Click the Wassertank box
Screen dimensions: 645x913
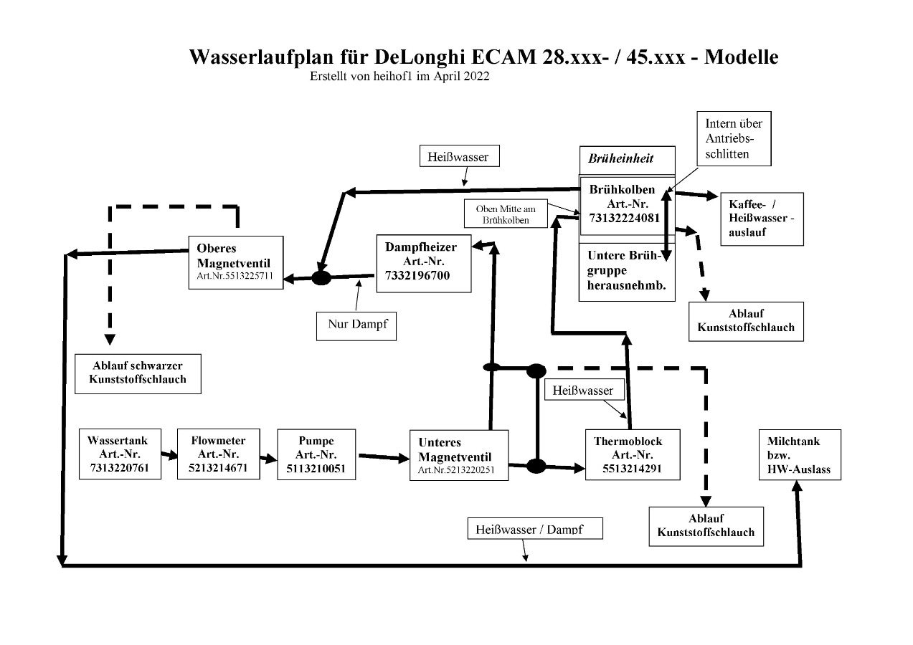point(120,454)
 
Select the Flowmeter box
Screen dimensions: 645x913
point(219,454)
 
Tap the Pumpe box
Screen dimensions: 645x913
point(316,454)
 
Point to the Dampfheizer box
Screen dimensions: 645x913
point(423,263)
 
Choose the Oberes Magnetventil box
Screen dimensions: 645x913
point(235,262)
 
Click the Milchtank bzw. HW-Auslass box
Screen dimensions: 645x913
point(799,454)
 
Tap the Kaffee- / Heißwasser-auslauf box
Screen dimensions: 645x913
point(752,219)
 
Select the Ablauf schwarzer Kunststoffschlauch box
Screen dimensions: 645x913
point(138,373)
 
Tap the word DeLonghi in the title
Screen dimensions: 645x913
point(420,57)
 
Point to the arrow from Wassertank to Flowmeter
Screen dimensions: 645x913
point(169,454)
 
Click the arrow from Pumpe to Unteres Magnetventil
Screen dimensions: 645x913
point(382,455)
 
